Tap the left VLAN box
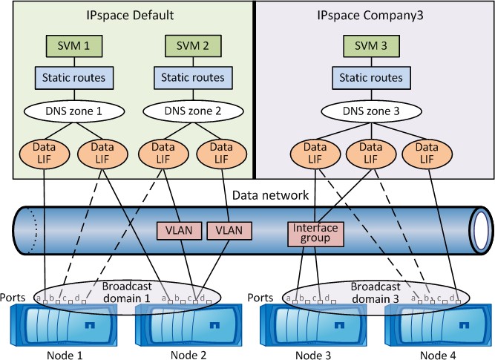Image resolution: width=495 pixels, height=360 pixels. tap(175, 229)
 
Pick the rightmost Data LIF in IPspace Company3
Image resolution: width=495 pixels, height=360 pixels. tap(428, 154)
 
